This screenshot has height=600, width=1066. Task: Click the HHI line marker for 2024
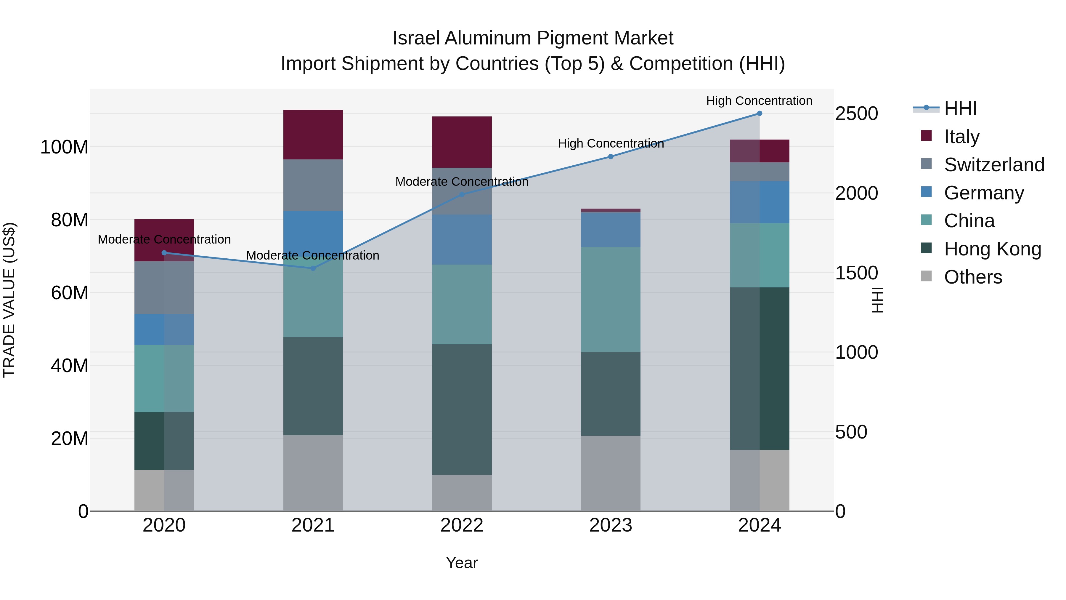pyautogui.click(x=759, y=113)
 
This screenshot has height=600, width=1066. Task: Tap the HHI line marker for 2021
pyautogui.click(x=313, y=268)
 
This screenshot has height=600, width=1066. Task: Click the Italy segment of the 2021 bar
pyautogui.click(x=313, y=135)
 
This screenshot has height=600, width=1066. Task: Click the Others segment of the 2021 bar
pyautogui.click(x=313, y=473)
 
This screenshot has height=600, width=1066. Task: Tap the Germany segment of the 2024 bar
pyautogui.click(x=759, y=202)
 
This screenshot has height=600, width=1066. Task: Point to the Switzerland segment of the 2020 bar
pyautogui.click(x=164, y=287)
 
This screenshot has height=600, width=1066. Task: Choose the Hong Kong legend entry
pyautogui.click(x=992, y=249)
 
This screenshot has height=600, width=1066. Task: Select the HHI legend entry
pyautogui.click(x=960, y=108)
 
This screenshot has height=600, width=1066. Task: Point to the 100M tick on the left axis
pyautogui.click(x=64, y=147)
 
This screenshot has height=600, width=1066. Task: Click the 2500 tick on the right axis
pyautogui.click(x=856, y=114)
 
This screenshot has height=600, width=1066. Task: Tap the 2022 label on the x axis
pyautogui.click(x=462, y=525)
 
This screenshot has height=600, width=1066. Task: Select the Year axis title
pyautogui.click(x=462, y=563)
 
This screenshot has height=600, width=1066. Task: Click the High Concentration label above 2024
pyautogui.click(x=759, y=101)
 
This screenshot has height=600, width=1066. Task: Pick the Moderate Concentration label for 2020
pyautogui.click(x=164, y=239)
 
